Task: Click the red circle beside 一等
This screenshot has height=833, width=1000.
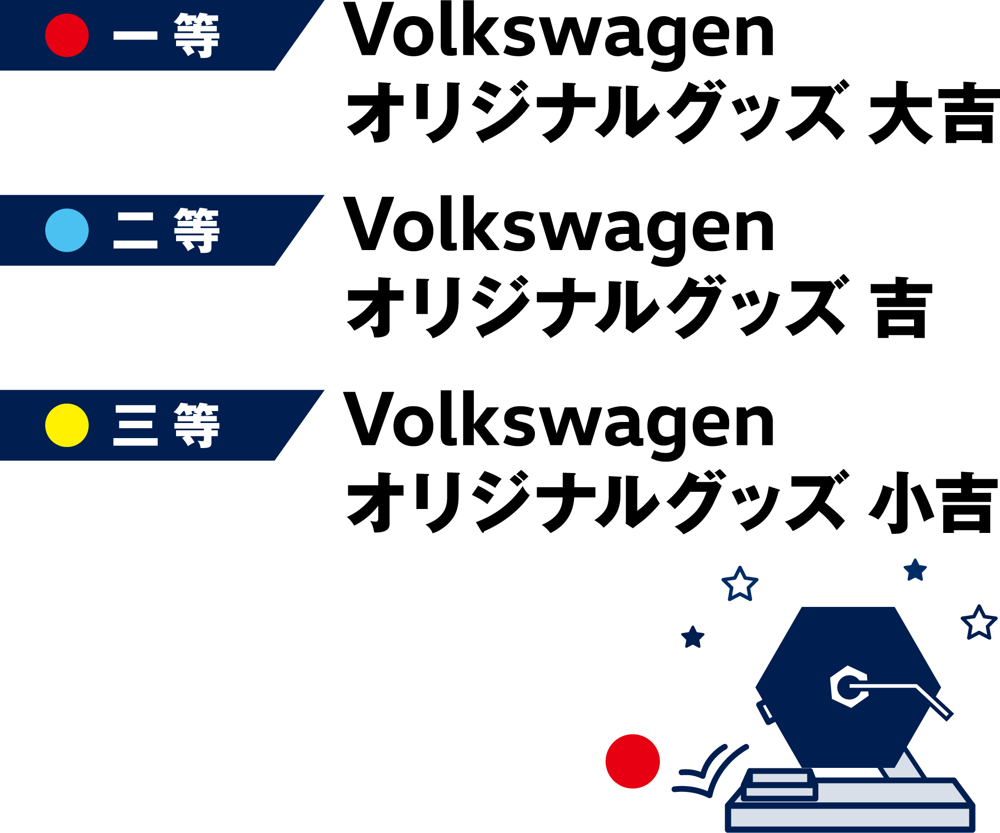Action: [x=67, y=35]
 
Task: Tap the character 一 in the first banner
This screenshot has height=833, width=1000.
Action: [x=135, y=35]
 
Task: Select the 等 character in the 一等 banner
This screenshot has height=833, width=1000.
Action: [x=197, y=35]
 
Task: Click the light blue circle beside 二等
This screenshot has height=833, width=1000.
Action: [x=67, y=230]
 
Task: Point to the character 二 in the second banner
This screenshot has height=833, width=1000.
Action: [x=135, y=230]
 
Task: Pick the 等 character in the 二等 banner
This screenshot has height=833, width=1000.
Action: [x=197, y=230]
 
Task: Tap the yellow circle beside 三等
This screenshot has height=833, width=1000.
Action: [x=67, y=425]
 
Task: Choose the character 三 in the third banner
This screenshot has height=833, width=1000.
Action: [x=135, y=425]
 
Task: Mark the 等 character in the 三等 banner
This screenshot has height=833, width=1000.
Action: [x=197, y=425]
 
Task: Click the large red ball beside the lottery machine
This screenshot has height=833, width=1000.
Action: [x=632, y=761]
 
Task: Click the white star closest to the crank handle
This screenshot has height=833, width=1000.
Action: [x=979, y=623]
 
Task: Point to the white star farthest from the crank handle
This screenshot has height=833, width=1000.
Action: [x=740, y=584]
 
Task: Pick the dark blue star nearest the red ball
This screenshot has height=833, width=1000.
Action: [x=693, y=638]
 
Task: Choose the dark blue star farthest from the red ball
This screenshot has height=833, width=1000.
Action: [x=915, y=570]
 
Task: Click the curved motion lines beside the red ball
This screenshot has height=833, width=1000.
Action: [x=711, y=771]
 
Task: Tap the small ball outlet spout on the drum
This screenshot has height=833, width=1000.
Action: [x=766, y=712]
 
